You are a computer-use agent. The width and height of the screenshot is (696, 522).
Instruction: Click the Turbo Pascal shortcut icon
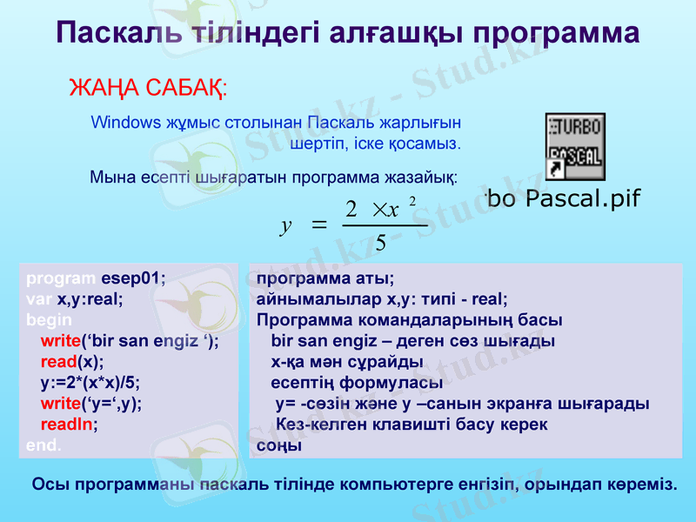click(x=574, y=145)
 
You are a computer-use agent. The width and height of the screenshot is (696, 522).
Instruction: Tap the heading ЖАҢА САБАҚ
click(x=147, y=89)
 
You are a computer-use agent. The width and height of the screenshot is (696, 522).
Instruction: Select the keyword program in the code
click(x=61, y=279)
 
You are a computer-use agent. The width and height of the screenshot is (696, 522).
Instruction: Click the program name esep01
click(x=133, y=279)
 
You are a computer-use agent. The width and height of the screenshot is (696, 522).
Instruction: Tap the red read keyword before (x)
click(x=58, y=362)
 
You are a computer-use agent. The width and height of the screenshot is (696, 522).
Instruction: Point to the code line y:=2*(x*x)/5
click(x=90, y=383)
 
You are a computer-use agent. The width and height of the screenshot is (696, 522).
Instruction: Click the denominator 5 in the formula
click(x=380, y=242)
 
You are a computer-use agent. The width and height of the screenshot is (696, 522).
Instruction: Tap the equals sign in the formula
click(x=318, y=225)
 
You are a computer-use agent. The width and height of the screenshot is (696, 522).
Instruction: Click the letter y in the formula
click(x=285, y=226)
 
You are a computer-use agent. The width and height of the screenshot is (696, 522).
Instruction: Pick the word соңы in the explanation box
click(x=279, y=445)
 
